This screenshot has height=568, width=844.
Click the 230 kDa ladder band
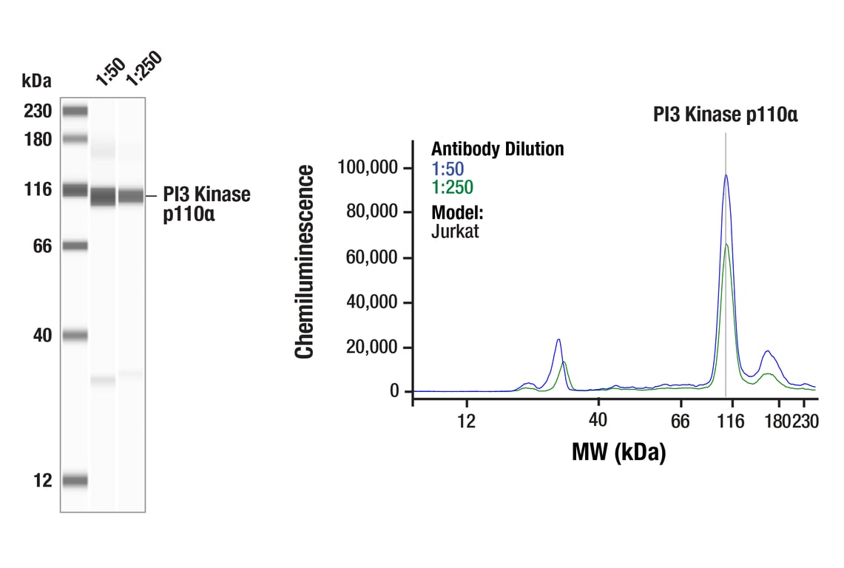[75, 112]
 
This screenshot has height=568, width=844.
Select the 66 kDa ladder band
[75, 246]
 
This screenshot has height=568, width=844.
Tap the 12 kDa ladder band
[75, 481]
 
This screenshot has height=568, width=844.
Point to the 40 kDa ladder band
[75, 336]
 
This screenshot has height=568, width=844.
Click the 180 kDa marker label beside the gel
[38, 139]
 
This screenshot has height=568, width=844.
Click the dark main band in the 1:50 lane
[103, 197]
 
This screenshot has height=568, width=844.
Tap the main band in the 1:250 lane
[131, 196]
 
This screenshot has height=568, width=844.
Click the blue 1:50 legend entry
[448, 169]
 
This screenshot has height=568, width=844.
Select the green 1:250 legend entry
[452, 187]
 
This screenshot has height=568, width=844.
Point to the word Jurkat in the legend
[455, 231]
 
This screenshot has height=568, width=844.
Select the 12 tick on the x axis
[465, 421]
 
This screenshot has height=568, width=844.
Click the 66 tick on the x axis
[680, 421]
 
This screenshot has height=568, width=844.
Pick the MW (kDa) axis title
[618, 451]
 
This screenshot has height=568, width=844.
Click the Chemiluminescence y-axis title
[304, 263]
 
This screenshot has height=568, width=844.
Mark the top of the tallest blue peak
[726, 175]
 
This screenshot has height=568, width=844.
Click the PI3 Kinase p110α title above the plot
[725, 115]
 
